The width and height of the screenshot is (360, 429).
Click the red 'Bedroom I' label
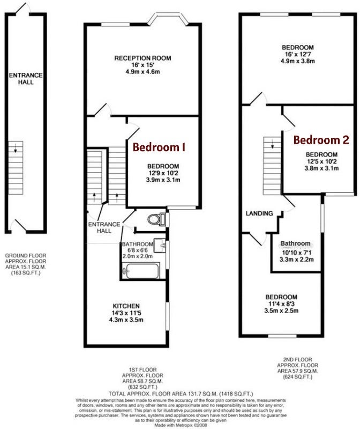tap(159, 147)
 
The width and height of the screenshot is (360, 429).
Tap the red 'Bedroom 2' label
tap(321, 140)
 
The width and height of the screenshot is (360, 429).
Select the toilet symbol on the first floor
tap(156, 219)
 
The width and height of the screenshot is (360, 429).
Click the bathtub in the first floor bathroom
tap(140, 271)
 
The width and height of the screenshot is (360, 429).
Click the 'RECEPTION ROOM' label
tap(142, 58)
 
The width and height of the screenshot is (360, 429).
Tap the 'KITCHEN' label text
tap(126, 306)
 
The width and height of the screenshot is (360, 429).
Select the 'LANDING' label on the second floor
tap(259, 213)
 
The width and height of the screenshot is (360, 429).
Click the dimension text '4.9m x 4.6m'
tap(142, 72)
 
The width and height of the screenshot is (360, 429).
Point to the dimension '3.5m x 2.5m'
tap(281, 310)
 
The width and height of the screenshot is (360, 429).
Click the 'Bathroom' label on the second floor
tap(295, 243)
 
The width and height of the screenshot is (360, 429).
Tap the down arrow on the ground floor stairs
tap(16, 148)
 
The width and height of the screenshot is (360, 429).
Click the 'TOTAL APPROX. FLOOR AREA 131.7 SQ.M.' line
tap(163, 394)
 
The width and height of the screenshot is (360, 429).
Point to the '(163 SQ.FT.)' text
tap(26, 273)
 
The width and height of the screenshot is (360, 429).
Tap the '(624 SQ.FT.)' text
tap(297, 377)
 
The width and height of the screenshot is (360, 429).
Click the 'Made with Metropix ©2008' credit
tap(181, 425)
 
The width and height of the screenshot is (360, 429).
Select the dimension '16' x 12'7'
tap(298, 54)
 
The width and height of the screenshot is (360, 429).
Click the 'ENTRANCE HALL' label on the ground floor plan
tap(26, 78)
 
